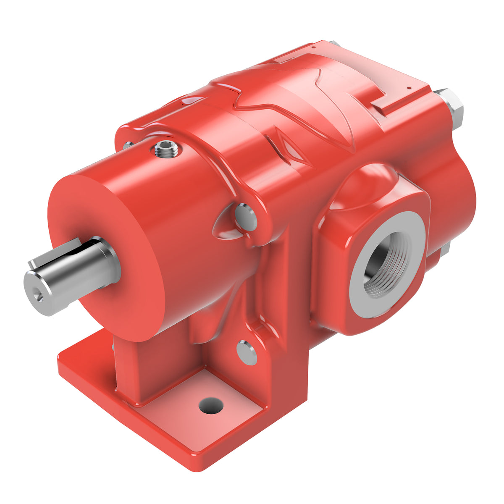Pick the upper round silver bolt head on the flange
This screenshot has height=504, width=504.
246,217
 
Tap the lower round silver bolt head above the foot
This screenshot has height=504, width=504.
247,352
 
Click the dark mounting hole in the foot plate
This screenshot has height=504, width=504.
211,405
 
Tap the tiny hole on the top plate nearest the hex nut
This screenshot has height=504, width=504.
408,88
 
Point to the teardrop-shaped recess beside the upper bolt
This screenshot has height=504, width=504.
225,225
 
